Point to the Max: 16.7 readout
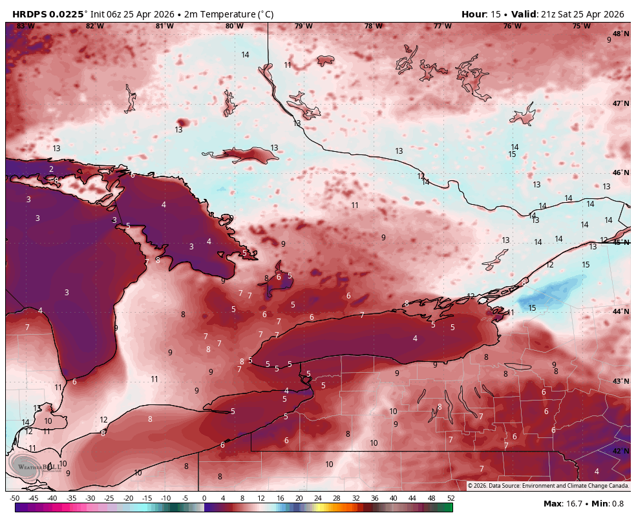(x=562, y=503)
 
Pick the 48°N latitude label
(x=620, y=34)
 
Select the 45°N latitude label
(x=620, y=242)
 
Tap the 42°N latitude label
(x=620, y=451)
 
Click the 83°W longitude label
(x=25, y=26)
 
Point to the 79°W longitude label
(x=304, y=26)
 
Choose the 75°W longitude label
(x=582, y=26)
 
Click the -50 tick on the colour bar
(x=14, y=498)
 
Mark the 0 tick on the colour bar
(x=204, y=498)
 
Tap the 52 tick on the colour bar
(x=450, y=498)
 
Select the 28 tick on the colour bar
(x=337, y=498)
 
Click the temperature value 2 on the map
(x=51, y=169)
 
